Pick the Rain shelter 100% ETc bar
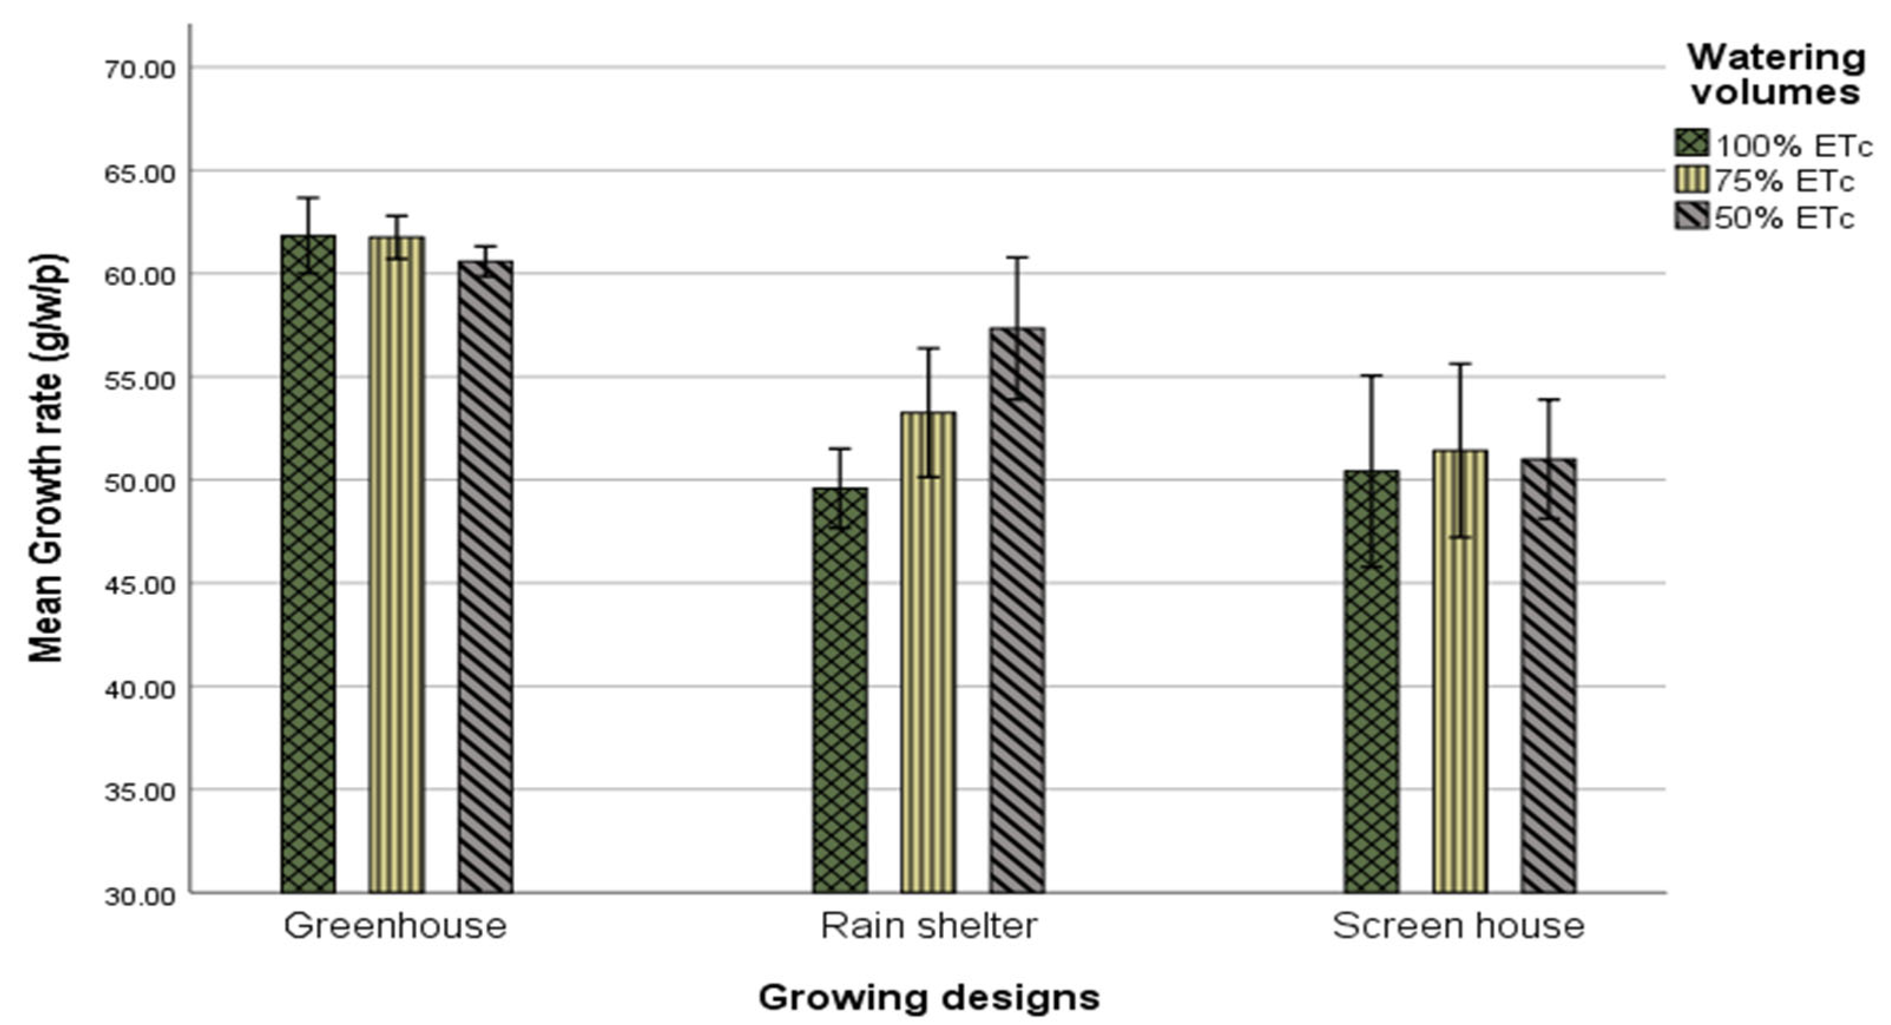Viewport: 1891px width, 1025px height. (840, 690)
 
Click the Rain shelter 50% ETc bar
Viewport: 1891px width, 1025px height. (1017, 609)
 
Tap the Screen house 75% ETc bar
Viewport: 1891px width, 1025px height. (1460, 671)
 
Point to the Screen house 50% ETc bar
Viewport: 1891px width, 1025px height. (1548, 675)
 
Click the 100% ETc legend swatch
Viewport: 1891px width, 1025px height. (1691, 143)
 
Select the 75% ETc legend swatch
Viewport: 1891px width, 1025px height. (1691, 180)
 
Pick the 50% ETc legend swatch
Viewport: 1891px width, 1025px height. (1691, 216)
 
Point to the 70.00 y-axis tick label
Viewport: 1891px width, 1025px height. (140, 70)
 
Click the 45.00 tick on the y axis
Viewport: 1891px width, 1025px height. (140, 585)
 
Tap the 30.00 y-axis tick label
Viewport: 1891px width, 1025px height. (140, 896)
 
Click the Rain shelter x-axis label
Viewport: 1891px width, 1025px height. (928, 926)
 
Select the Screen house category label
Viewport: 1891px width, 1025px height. (1458, 926)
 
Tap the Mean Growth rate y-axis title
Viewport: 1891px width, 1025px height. (47, 459)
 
